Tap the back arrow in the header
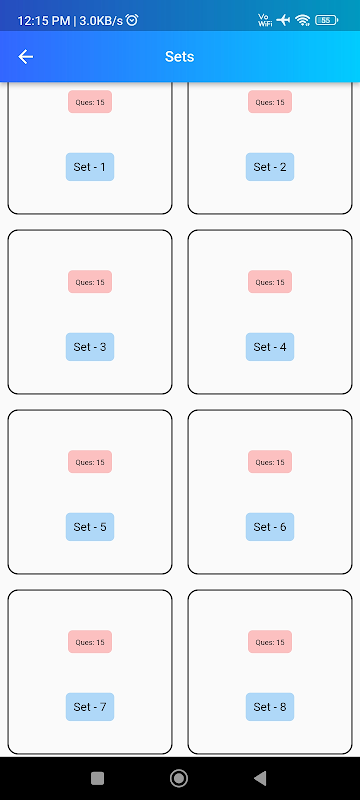[25, 57]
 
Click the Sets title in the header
[179, 57]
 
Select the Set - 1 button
[90, 167]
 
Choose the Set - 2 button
[270, 167]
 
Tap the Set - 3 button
[90, 347]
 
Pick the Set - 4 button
[270, 347]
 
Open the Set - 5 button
[90, 527]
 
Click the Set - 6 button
[270, 527]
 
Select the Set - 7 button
[90, 707]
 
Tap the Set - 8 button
[270, 707]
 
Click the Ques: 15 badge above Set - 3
[90, 282]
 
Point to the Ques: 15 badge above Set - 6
[270, 462]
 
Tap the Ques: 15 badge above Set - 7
[90, 642]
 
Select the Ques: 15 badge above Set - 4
[270, 282]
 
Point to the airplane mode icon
[283, 20]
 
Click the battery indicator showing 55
[327, 20]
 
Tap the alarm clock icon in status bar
[132, 20]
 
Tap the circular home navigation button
[179, 778]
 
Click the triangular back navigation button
[260, 778]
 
